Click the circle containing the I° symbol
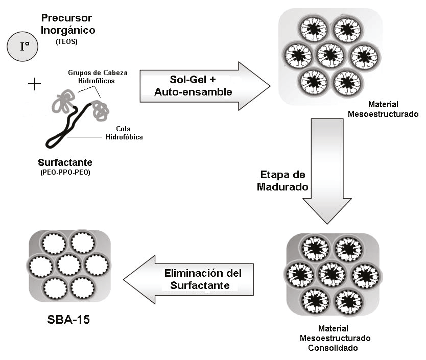(x=22, y=46)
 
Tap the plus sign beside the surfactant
(x=35, y=84)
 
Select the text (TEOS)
(x=66, y=41)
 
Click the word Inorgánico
(x=68, y=30)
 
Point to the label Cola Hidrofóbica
(x=124, y=133)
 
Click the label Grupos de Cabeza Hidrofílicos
(x=98, y=77)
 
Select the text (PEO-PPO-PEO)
(x=65, y=172)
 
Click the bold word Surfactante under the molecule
(x=65, y=162)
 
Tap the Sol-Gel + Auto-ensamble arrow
(x=205, y=86)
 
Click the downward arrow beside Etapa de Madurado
(x=327, y=171)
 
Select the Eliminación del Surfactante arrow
(x=188, y=279)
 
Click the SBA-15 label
(x=68, y=320)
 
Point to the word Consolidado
(x=333, y=348)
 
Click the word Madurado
(x=282, y=187)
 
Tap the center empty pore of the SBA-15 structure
(x=69, y=265)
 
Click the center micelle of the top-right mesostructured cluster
(x=330, y=55)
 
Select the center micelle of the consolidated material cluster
(x=332, y=274)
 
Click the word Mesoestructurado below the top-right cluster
(x=383, y=114)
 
